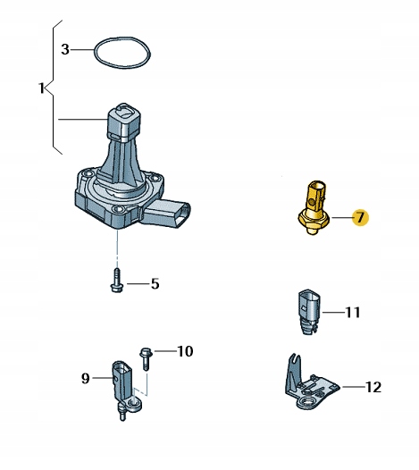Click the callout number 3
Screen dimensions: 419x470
pyautogui.click(x=65, y=49)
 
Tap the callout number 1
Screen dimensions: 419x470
pyautogui.click(x=42, y=88)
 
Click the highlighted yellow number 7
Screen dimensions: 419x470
pyautogui.click(x=360, y=217)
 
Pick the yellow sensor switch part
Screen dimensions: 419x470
pyautogui.click(x=314, y=207)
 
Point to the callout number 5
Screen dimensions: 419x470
pyautogui.click(x=155, y=284)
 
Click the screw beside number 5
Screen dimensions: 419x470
pyautogui.click(x=116, y=281)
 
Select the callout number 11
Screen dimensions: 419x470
pyautogui.click(x=353, y=313)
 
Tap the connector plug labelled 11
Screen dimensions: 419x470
pyautogui.click(x=310, y=311)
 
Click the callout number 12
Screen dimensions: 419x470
pyautogui.click(x=373, y=387)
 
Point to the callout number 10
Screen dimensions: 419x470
pyautogui.click(x=185, y=351)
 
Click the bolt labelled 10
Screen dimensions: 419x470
pyautogui.click(x=146, y=359)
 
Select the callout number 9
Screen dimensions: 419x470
pyautogui.click(x=86, y=378)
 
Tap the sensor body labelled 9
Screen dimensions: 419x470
pyautogui.click(x=124, y=387)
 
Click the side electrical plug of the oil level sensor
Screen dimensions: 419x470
pyautogui.click(x=168, y=214)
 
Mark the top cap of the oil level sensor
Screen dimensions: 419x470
pyautogui.click(x=123, y=122)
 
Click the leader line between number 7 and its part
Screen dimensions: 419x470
pyautogui.click(x=341, y=217)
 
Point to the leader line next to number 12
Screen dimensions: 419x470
pyautogui.click(x=354, y=387)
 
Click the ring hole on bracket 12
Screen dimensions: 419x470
pyautogui.click(x=307, y=402)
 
